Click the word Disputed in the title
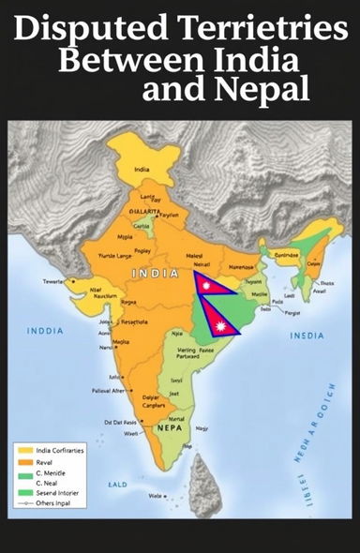(75, 30)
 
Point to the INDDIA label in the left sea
(45, 330)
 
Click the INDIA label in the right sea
(307, 336)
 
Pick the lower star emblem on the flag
(222, 326)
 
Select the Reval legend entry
(38, 462)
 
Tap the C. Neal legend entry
(41, 484)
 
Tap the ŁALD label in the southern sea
(117, 485)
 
